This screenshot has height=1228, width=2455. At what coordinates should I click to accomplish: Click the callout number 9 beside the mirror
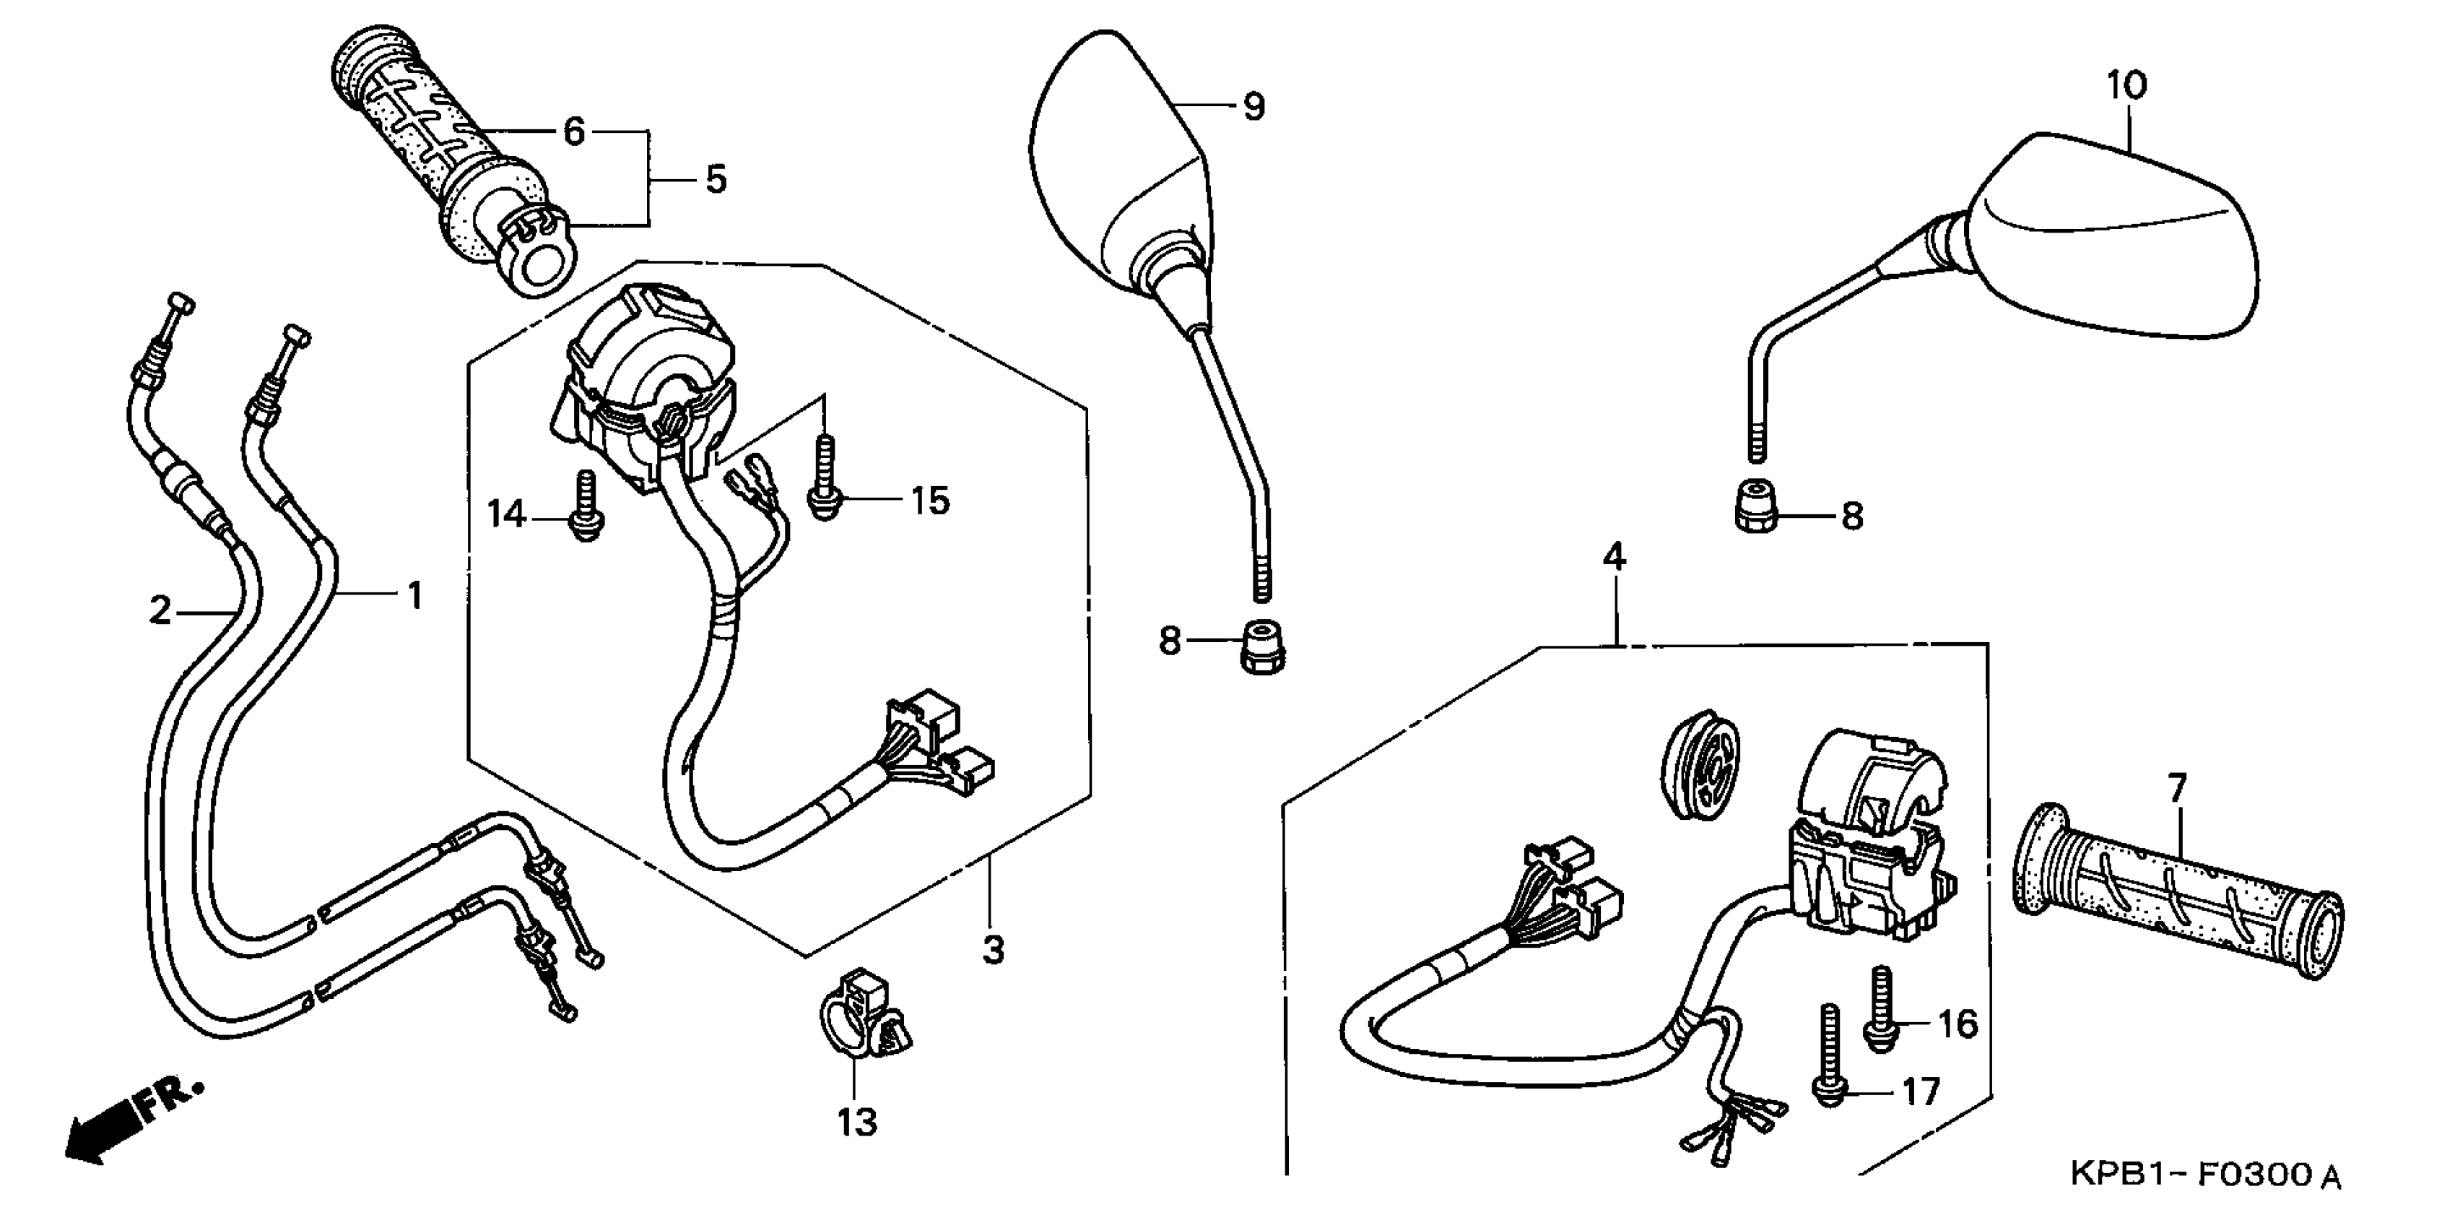[1254, 107]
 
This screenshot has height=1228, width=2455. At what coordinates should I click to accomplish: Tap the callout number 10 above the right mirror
[2126, 86]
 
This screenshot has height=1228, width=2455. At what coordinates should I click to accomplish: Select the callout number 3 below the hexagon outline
[993, 950]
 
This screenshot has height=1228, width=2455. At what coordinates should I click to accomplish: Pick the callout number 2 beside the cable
[161, 610]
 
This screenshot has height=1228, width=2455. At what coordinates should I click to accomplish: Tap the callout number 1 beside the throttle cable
[414, 597]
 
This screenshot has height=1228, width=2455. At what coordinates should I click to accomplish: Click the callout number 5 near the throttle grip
[716, 179]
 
